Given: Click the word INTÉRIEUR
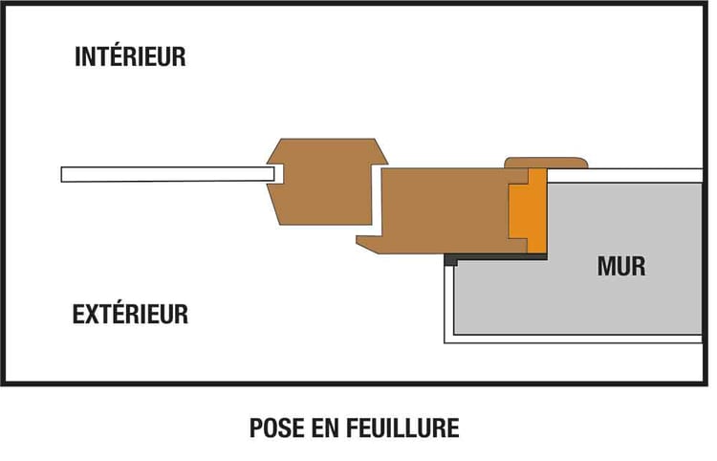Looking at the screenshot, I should click(x=130, y=56).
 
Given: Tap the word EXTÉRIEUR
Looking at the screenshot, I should click(x=131, y=314).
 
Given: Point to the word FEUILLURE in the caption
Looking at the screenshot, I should click(x=407, y=428).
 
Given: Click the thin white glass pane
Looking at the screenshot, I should click(x=163, y=174).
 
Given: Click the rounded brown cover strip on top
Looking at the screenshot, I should click(x=544, y=163).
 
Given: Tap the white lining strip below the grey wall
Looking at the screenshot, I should click(x=574, y=339).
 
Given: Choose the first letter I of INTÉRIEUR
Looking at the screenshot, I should click(x=78, y=56).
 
